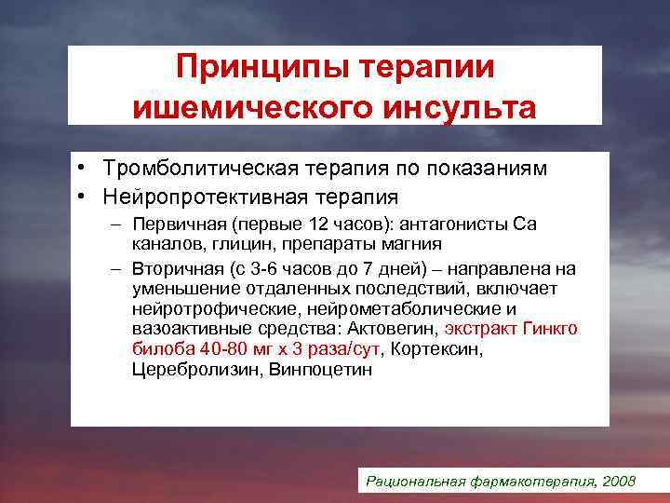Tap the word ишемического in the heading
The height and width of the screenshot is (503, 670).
point(236,108)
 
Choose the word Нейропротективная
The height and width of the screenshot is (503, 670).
point(196,197)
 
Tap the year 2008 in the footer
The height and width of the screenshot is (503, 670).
point(619,482)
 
